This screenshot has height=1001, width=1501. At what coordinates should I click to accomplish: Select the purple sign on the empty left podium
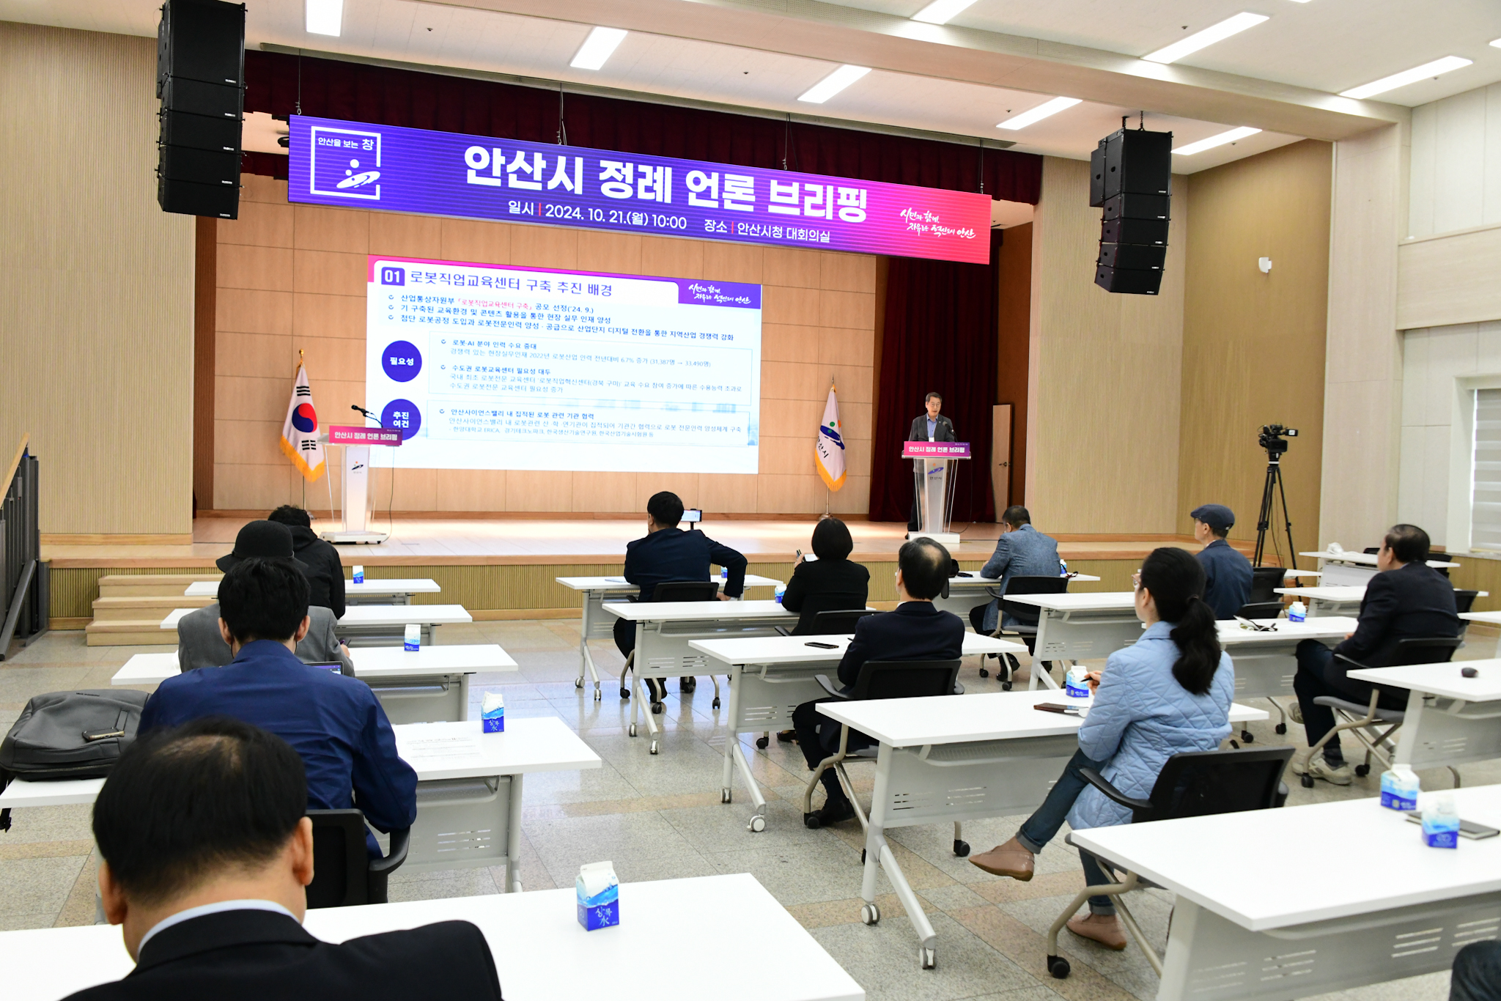pyautogui.click(x=364, y=435)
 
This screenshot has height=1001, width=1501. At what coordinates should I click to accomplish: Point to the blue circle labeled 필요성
pyautogui.click(x=401, y=361)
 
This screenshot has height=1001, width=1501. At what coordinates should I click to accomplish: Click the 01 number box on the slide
pyautogui.click(x=392, y=276)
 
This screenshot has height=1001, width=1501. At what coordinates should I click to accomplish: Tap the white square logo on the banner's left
pyautogui.click(x=346, y=163)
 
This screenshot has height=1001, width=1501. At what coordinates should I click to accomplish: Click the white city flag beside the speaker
pyautogui.click(x=830, y=440)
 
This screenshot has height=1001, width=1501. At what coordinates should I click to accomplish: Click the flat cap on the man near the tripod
pyautogui.click(x=1213, y=516)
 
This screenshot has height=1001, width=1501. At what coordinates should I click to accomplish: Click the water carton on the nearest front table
pyautogui.click(x=597, y=895)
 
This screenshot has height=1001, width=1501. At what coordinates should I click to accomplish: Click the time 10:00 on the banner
pyautogui.click(x=668, y=222)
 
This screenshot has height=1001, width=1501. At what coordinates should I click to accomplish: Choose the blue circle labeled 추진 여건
pyautogui.click(x=401, y=419)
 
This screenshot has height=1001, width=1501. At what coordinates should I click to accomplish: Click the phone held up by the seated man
pyautogui.click(x=691, y=516)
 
